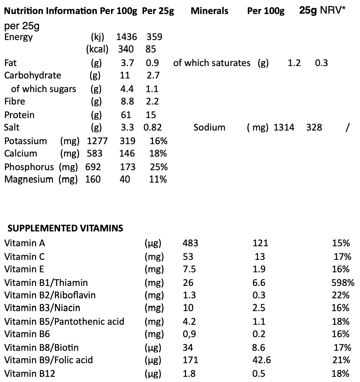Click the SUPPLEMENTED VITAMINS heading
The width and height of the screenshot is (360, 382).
(x=65, y=228)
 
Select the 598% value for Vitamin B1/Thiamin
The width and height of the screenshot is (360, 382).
(x=343, y=283)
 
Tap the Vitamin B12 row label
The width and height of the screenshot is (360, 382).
(x=30, y=374)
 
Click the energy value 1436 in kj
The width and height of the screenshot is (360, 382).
(x=126, y=37)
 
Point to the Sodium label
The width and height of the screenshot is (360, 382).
(x=209, y=127)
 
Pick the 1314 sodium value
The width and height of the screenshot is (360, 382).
(x=284, y=127)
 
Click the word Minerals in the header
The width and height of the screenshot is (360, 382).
(x=209, y=11)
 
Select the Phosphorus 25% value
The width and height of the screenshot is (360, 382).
(x=159, y=167)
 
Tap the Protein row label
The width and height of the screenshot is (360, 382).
(x=19, y=115)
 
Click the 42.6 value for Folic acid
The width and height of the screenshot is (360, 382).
(x=262, y=360)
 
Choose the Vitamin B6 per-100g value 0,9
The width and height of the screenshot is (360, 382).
(x=189, y=334)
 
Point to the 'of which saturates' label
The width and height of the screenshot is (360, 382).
(x=212, y=63)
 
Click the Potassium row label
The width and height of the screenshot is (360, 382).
(x=25, y=141)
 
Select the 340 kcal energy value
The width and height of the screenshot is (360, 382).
(x=126, y=49)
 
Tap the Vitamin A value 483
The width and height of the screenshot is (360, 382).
(x=190, y=243)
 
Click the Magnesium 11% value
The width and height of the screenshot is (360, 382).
(x=158, y=179)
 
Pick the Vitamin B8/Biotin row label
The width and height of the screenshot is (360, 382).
(x=41, y=347)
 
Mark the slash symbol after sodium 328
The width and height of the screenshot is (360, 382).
(x=347, y=127)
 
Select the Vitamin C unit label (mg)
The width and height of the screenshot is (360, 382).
(x=154, y=256)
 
